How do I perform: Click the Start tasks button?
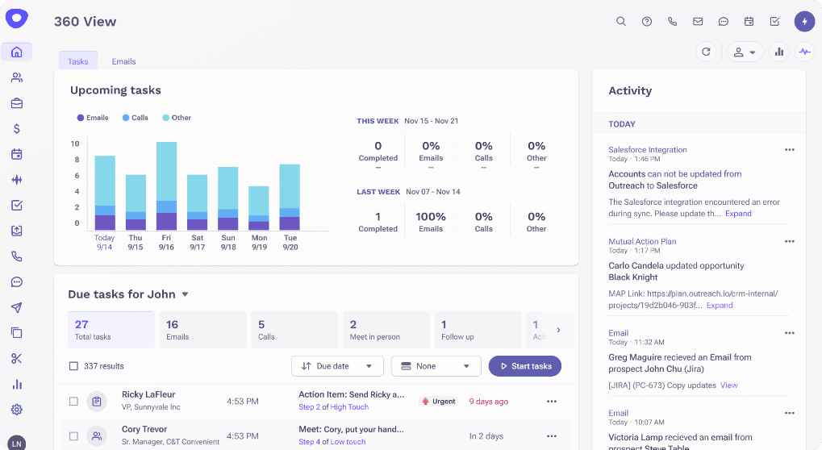point(524,366)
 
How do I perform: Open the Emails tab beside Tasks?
point(123,61)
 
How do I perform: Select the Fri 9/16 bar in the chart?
point(166,186)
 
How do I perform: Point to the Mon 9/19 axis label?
point(258,243)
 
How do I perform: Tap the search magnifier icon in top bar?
point(620,22)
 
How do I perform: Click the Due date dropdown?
point(336,366)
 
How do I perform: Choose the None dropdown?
point(436,366)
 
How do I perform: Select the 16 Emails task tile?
point(202,330)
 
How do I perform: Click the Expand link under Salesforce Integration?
point(738,214)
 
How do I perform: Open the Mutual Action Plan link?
point(642,241)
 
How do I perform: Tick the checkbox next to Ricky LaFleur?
point(73,402)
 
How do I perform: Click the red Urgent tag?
point(439,402)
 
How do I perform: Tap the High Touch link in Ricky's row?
point(349,407)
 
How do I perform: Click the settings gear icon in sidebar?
point(17,410)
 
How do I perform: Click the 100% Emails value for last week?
point(431,217)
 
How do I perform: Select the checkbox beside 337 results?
point(73,366)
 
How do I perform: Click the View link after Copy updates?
point(728,385)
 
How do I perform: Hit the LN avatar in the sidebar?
point(17,443)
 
